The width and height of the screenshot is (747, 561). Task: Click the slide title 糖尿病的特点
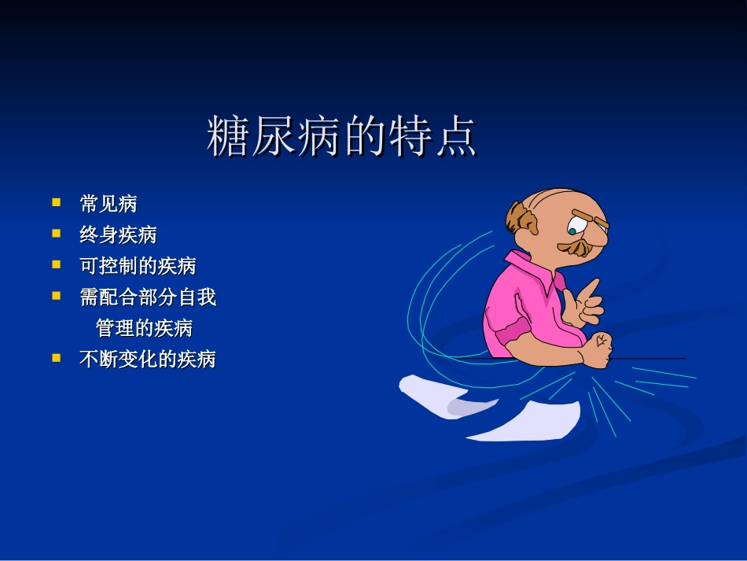coord(342,137)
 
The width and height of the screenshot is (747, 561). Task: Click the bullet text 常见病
coord(109,204)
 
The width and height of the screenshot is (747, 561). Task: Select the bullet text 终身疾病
coord(118,234)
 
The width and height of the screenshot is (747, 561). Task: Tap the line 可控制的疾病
coord(138,266)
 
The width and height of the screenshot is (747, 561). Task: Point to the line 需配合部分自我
coord(148,297)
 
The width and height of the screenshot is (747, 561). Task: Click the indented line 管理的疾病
coord(144,327)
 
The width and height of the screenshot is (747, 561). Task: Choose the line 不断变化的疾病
coord(148,360)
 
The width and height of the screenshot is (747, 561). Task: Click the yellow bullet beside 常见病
coord(57,202)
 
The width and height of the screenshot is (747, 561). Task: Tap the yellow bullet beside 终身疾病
coord(57,233)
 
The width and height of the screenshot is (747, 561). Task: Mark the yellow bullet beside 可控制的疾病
coord(57,264)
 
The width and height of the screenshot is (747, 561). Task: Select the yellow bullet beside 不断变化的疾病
coord(57,357)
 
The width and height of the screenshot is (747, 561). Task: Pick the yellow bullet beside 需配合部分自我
coord(57,296)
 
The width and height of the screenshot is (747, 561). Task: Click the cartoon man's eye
coord(572,231)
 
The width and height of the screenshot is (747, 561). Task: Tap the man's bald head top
coord(562,198)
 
